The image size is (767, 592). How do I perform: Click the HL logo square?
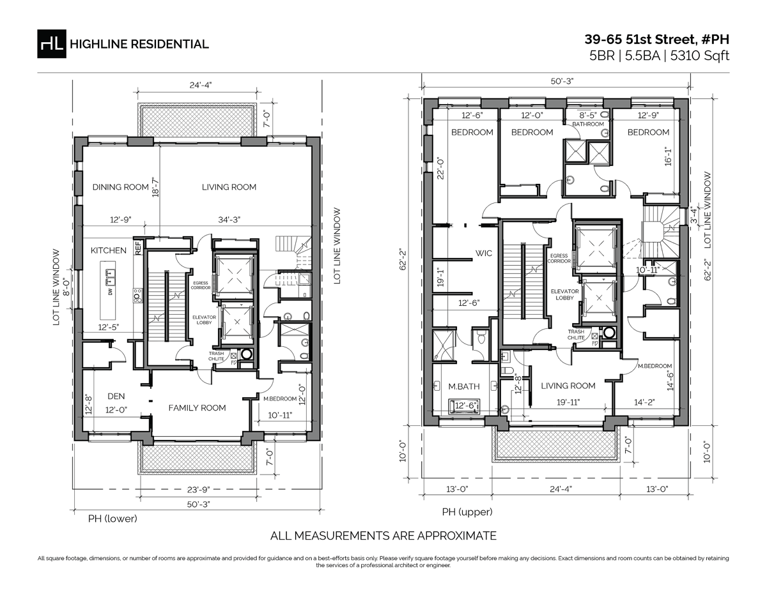(x=51, y=43)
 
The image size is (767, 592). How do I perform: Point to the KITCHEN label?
(x=108, y=250)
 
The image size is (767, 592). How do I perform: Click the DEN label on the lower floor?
(x=116, y=396)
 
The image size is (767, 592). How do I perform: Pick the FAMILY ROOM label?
(x=197, y=407)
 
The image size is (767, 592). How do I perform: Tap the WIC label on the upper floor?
(x=484, y=253)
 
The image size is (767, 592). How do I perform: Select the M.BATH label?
(x=460, y=386)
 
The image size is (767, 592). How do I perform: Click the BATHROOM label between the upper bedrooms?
(x=587, y=124)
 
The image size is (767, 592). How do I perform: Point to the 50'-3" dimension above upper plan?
(x=554, y=82)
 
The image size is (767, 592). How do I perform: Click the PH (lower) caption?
(x=112, y=518)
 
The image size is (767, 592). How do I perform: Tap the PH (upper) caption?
(x=467, y=512)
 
